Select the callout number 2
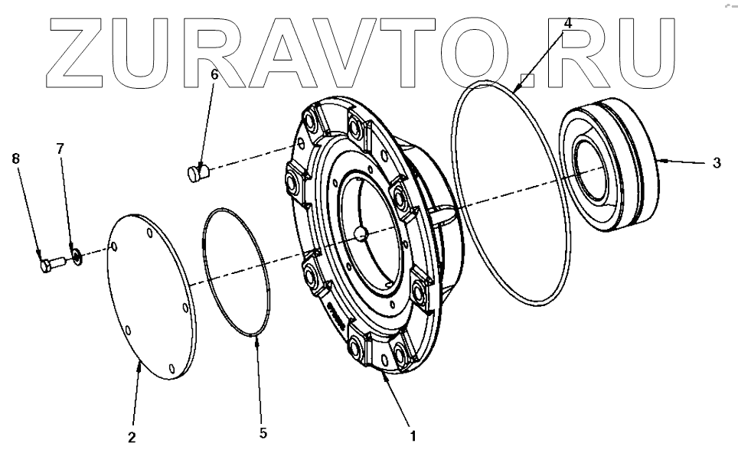point(131,437)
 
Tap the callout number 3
point(716,162)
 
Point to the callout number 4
point(567,23)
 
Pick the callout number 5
point(263,432)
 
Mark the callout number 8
point(15,158)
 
